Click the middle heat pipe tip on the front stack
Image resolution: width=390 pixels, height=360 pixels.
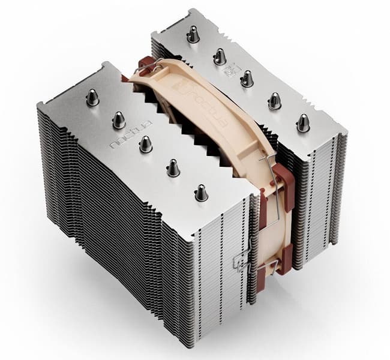(x=145, y=143)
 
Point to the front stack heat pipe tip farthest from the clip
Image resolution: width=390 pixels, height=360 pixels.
(x=92, y=97)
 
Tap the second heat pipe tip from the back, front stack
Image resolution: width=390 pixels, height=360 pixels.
(x=119, y=120)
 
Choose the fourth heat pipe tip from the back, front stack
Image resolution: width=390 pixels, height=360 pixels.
(x=173, y=168)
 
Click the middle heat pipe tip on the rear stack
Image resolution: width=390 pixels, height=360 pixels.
(x=247, y=79)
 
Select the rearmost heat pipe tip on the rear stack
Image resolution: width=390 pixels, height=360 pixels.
(x=193, y=34)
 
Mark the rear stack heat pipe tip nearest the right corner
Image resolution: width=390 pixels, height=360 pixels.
(x=303, y=123)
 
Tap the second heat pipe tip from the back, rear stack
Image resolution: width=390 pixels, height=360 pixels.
(x=220, y=56)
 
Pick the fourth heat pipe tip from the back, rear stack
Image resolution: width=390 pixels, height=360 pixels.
(x=274, y=100)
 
